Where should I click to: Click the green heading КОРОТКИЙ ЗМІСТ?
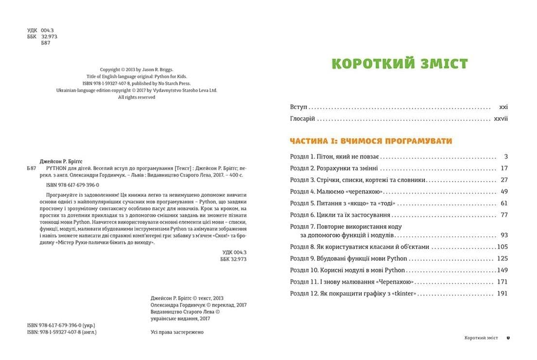pos(399,63)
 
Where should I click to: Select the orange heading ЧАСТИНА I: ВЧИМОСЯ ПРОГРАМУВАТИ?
pos(371,141)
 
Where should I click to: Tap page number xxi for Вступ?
pos(503,106)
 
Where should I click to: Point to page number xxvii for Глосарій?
pos(501,119)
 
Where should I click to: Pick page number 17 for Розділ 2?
pos(503,168)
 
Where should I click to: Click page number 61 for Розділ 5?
pos(503,203)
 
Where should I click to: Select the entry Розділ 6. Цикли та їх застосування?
pos(340,215)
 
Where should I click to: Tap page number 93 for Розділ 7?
pos(503,235)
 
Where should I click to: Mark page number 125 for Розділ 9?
pos(502,258)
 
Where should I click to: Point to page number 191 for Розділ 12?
pos(502,293)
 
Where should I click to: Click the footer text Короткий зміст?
pos(482,337)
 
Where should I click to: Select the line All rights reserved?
pos(137,97)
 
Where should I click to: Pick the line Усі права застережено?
pos(177,332)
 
